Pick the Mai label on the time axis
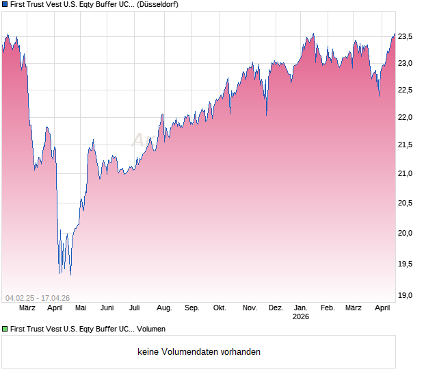pyautogui.click(x=81, y=308)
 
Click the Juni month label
pyautogui.click(x=107, y=308)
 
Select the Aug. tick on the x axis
pyautogui.click(x=164, y=308)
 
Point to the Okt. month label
pyautogui.click(x=220, y=308)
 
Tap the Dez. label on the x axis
pyautogui.click(x=276, y=308)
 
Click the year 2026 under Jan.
pyautogui.click(x=301, y=317)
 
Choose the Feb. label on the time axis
pyautogui.click(x=328, y=308)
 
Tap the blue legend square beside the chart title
pyautogui.click(x=5, y=4)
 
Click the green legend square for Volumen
pyautogui.click(x=5, y=329)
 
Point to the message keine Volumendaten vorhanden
pyautogui.click(x=199, y=352)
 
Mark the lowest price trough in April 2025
pyautogui.click(x=70, y=275)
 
